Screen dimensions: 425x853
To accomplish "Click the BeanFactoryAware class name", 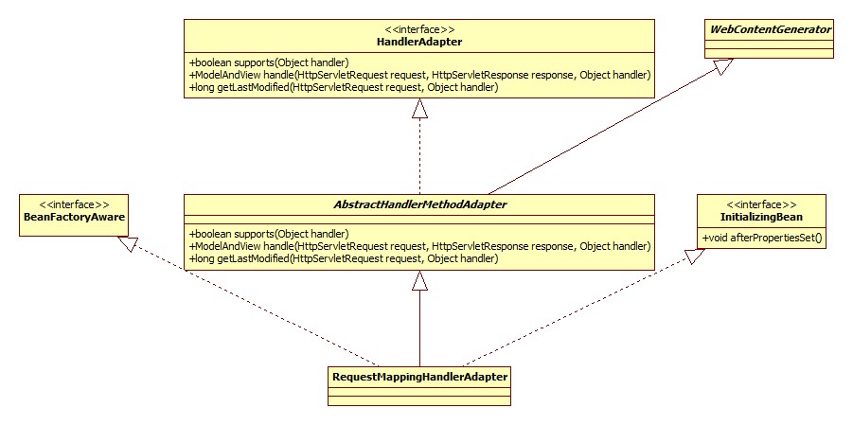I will pyautogui.click(x=72, y=217).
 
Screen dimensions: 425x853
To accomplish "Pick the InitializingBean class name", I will pyautogui.click(x=761, y=217).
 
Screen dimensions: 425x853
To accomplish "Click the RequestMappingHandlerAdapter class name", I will pyautogui.click(x=420, y=377).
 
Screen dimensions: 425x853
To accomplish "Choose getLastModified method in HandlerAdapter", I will pyautogui.click(x=343, y=87).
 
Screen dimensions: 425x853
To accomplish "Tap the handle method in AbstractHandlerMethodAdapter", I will pyautogui.click(x=419, y=246).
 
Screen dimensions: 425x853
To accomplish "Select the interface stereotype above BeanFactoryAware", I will pyautogui.click(x=72, y=204).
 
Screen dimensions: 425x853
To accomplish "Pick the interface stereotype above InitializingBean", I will pyautogui.click(x=761, y=204).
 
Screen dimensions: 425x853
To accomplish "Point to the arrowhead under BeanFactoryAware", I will pyautogui.click(x=125, y=244).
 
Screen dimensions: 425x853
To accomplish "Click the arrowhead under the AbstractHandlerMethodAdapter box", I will pyautogui.click(x=419, y=281).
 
